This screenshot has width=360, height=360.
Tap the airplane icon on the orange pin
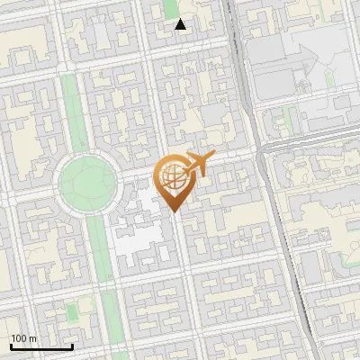(197, 165)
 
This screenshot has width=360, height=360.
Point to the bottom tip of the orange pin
(175, 212)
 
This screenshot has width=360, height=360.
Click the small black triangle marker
(181, 24)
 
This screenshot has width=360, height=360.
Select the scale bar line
(41, 347)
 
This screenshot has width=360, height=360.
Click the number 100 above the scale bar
(18, 338)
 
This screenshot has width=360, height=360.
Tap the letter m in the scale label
(32, 338)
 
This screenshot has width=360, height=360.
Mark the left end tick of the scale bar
(11, 346)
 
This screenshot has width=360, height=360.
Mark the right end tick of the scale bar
(72, 346)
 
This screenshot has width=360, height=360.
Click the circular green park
(88, 184)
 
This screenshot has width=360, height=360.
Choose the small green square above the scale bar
(71, 312)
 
